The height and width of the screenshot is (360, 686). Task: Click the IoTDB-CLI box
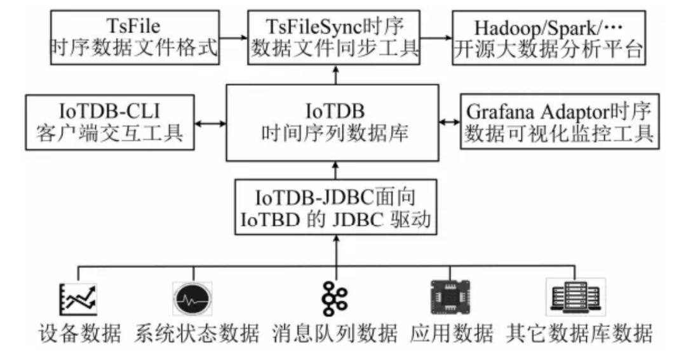pos(109,123)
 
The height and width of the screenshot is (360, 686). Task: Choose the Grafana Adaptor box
pos(560,123)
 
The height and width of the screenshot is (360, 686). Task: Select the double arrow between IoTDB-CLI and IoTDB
pos(210,123)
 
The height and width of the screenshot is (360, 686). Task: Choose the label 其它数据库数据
pos(579,333)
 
